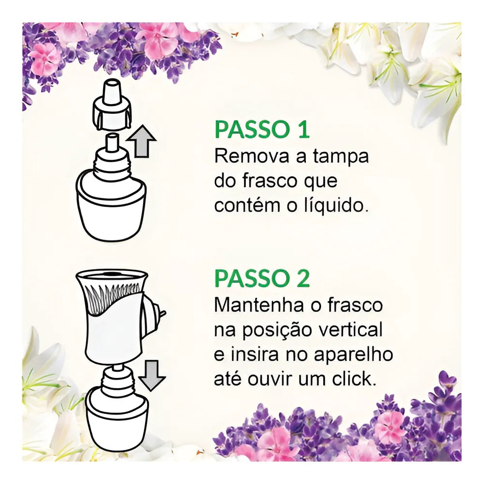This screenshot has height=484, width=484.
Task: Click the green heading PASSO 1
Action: click(262, 130)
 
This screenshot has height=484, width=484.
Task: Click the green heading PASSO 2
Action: click(262, 278)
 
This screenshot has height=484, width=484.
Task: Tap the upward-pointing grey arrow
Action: click(141, 141)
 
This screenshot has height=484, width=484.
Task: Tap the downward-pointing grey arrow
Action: click(152, 376)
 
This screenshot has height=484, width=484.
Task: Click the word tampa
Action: click(341, 157)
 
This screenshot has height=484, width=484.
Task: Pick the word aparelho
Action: click(354, 355)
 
